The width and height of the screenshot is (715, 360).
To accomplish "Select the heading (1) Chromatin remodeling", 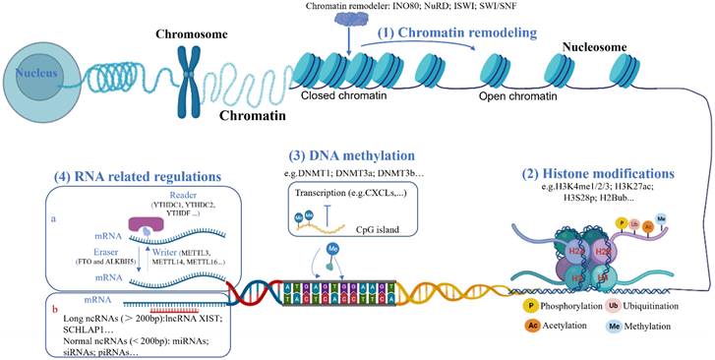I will point(457,33).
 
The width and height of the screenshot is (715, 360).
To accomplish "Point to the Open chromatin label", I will point(513,99).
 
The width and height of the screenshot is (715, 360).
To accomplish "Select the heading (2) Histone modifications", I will point(615,173).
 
